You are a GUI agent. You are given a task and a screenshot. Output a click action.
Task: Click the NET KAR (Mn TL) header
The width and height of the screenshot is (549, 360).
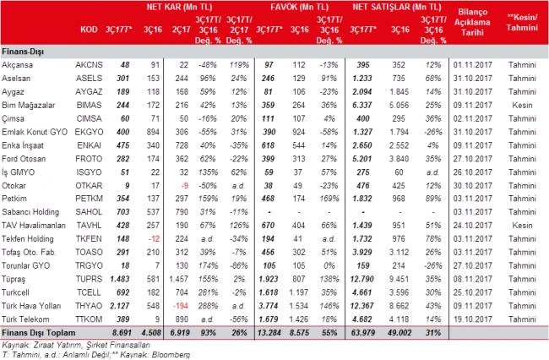click(179, 8)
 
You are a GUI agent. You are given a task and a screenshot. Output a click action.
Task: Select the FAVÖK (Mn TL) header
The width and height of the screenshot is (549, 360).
click(299, 8)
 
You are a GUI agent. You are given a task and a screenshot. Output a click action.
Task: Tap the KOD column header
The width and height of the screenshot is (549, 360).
click(89, 30)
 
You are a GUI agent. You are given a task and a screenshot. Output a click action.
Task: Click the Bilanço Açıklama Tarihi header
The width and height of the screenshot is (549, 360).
click(472, 22)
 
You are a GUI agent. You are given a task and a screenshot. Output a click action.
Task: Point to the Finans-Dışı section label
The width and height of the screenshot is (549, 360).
click(23, 52)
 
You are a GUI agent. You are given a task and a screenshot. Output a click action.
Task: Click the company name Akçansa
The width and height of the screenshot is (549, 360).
click(17, 65)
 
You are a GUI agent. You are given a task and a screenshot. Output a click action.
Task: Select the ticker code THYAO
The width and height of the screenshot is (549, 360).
click(89, 306)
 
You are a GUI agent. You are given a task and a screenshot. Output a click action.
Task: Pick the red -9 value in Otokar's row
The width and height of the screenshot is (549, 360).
click(184, 186)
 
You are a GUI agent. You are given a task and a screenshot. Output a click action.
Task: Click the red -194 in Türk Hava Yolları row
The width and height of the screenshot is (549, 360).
click(181, 306)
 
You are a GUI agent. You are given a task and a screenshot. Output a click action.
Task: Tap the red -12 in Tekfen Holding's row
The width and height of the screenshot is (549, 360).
click(154, 239)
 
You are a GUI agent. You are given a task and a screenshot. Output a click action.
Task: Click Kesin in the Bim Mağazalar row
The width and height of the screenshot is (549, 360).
click(522, 105)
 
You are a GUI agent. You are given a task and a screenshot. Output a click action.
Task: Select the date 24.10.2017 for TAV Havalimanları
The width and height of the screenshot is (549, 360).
click(473, 225)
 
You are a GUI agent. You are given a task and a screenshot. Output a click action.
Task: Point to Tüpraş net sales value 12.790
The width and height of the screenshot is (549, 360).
click(362, 279)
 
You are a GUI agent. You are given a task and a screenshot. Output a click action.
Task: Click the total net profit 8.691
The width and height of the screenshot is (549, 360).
click(122, 333)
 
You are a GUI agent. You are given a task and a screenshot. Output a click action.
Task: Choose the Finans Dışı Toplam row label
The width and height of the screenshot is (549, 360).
click(39, 333)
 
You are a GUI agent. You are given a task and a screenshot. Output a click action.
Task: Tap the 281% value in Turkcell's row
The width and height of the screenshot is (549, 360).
click(208, 292)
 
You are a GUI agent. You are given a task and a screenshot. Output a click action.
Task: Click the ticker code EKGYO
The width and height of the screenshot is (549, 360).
click(89, 132)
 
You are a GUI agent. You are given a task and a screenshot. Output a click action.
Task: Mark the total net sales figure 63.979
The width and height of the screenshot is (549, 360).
click(363, 333)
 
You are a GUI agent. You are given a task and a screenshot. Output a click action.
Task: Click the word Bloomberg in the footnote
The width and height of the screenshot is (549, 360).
click(171, 355)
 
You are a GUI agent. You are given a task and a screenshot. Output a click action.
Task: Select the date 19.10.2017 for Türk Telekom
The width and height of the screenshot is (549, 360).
click(473, 319)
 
